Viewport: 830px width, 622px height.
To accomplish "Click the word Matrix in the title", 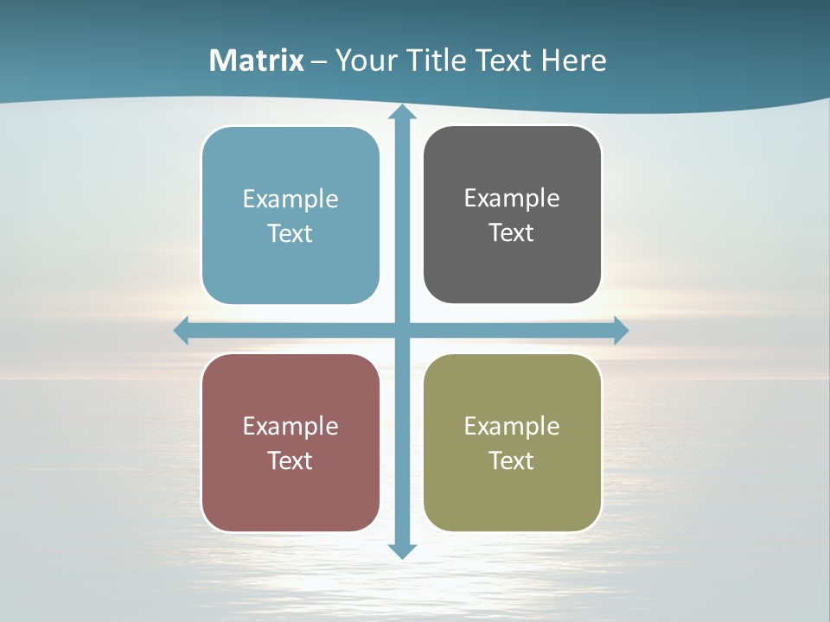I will (257, 60).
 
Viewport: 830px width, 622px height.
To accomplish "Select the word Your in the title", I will (363, 60).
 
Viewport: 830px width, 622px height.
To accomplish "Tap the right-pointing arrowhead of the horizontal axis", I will (621, 330).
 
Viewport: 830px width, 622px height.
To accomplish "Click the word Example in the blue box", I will (290, 200).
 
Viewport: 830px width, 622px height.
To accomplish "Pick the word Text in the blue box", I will (290, 233).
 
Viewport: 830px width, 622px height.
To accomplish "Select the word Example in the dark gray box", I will (512, 199).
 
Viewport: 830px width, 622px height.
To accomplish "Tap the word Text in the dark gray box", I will (512, 232).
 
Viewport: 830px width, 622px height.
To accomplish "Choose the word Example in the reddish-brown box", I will (290, 426).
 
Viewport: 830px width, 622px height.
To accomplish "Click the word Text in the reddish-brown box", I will (290, 460).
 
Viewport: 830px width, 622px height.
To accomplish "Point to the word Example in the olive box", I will (512, 426).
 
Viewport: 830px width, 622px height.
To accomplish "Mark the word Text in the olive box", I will (512, 460).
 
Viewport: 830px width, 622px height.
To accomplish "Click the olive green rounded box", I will (512, 501).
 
